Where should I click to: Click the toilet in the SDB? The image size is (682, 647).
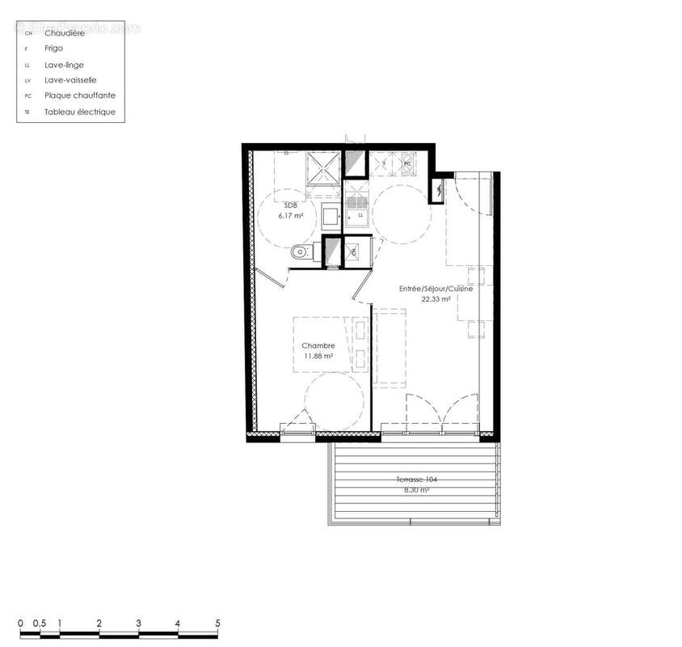pos(301,252)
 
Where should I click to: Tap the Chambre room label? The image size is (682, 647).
pos(318,345)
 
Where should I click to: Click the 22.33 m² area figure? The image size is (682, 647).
pos(436,298)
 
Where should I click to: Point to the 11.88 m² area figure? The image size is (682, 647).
pos(318,355)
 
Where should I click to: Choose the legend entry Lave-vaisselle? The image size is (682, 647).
pos(70,80)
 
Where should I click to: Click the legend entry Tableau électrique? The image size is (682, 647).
pos(80,112)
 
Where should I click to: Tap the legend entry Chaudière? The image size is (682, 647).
pos(63,33)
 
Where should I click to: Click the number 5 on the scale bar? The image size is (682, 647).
pos(217,623)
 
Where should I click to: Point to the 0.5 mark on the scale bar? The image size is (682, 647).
pos(39,623)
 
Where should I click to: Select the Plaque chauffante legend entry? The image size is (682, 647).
pos(79,95)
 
